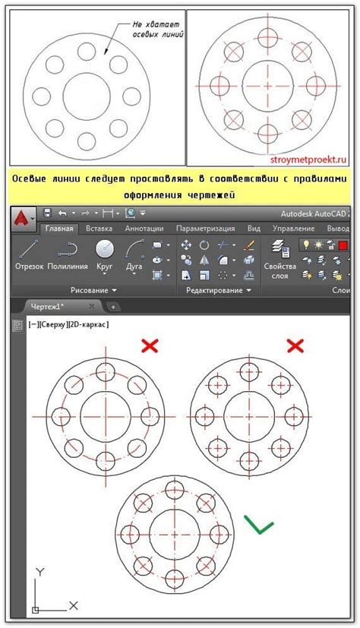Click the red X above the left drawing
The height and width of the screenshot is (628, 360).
coord(150,346)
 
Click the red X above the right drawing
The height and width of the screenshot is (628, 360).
coord(295,346)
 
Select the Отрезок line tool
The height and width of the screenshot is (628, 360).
coord(29,254)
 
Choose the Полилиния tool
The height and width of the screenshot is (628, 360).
coord(68,254)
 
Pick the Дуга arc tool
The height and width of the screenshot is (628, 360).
coord(134,254)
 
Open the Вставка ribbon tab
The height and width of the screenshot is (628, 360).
coord(99,228)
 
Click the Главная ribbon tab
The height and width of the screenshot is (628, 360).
coord(58,228)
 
